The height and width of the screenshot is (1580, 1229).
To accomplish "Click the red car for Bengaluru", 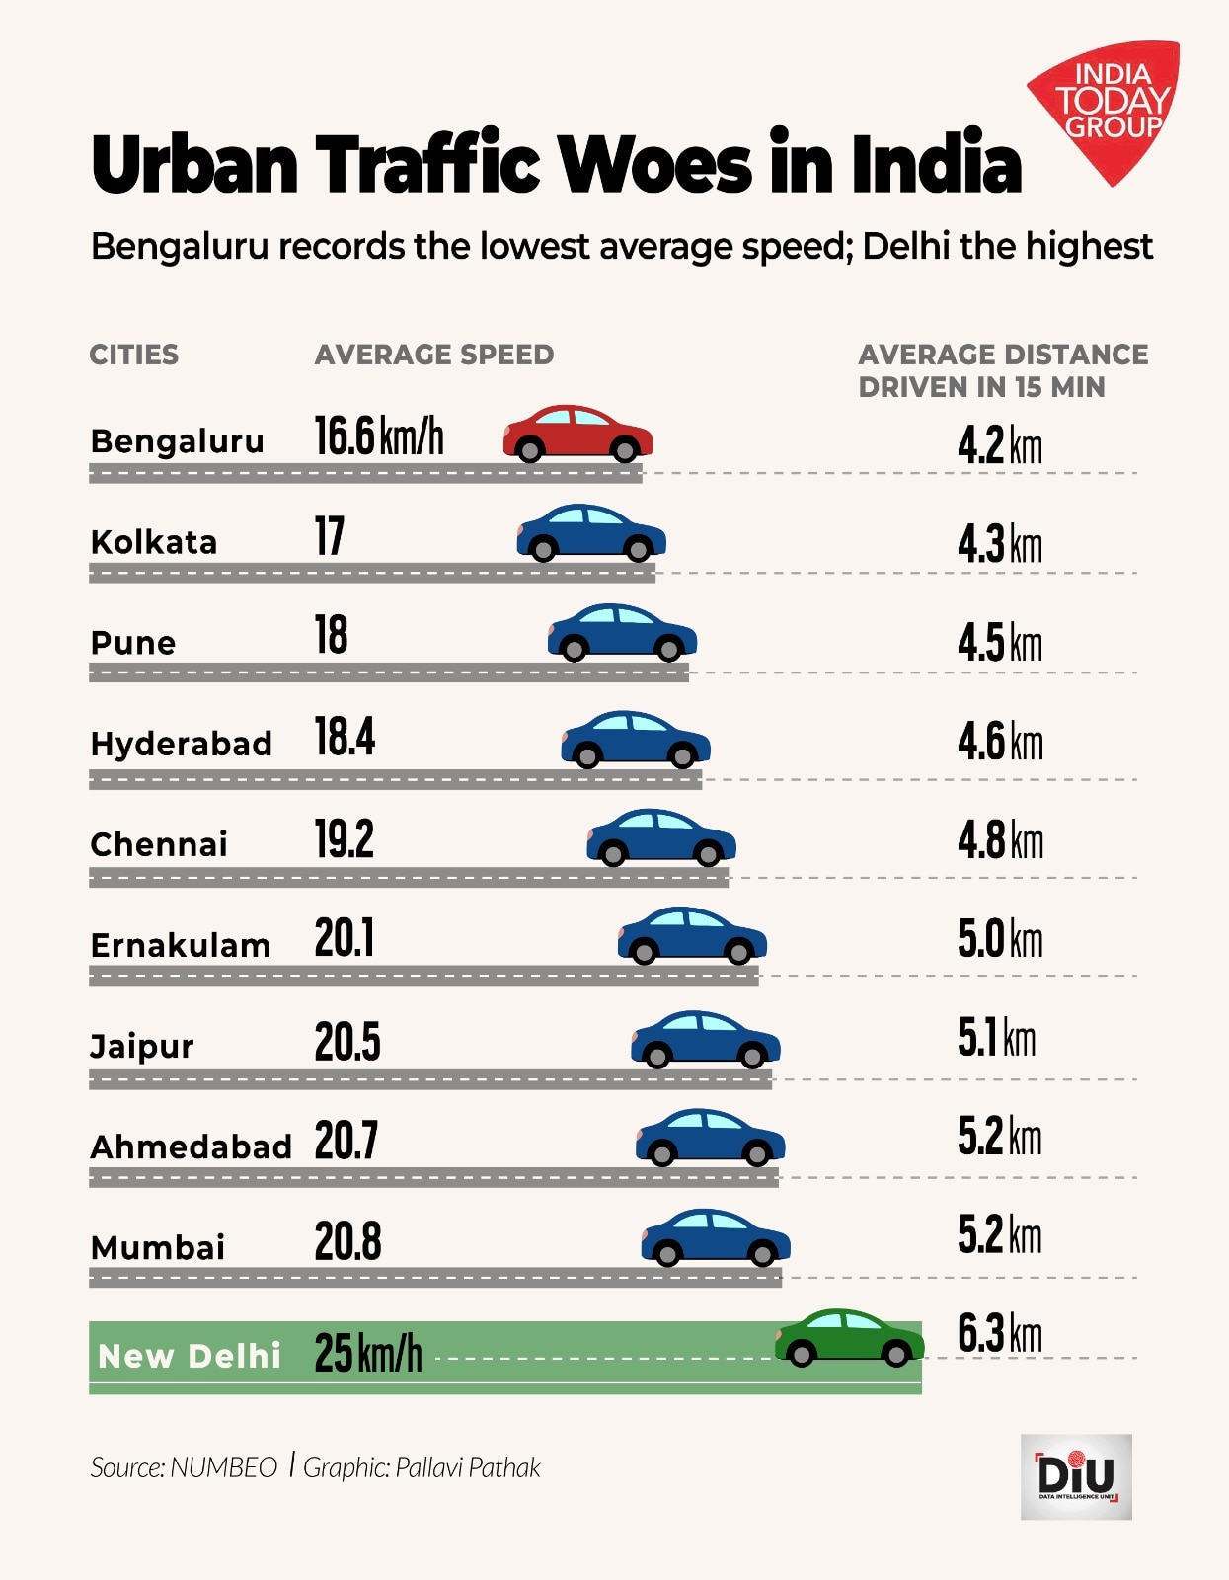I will pyautogui.click(x=577, y=434).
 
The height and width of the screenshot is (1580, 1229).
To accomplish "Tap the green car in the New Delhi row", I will pyautogui.click(x=849, y=1338).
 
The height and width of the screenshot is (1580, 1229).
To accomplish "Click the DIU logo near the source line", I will pyautogui.click(x=1076, y=1476).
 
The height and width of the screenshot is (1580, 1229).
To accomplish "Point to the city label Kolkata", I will pyautogui.click(x=153, y=542).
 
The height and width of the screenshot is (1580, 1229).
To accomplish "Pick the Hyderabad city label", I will pyautogui.click(x=181, y=744).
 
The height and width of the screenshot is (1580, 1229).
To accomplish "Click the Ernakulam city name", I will pyautogui.click(x=180, y=945).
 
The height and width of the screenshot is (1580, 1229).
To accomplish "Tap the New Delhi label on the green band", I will pyautogui.click(x=190, y=1356).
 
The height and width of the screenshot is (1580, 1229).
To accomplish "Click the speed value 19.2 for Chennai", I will pyautogui.click(x=345, y=839).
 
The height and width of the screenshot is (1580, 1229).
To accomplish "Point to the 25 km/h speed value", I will pyautogui.click(x=368, y=1353).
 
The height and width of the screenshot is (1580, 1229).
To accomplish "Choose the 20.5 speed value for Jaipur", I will pyautogui.click(x=347, y=1042).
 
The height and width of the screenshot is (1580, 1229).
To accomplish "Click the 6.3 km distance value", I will pyautogui.click(x=999, y=1334).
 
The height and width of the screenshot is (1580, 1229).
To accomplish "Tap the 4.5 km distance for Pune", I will pyautogui.click(x=999, y=643).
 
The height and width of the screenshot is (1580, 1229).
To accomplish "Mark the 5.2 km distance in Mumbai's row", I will pyautogui.click(x=999, y=1235).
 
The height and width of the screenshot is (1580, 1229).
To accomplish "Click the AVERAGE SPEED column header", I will pyautogui.click(x=434, y=355).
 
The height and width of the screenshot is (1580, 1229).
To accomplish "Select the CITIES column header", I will pyautogui.click(x=134, y=355).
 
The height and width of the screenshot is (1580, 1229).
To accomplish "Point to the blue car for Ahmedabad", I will pyautogui.click(x=710, y=1137).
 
